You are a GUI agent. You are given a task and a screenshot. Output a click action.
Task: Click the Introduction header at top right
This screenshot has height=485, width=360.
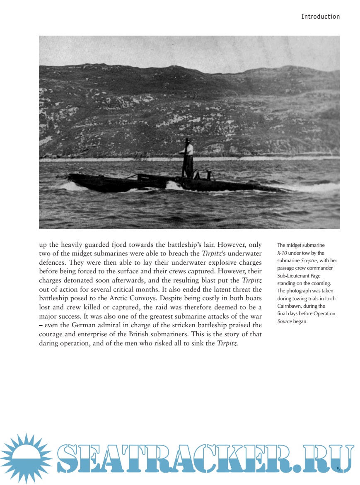point(320,17)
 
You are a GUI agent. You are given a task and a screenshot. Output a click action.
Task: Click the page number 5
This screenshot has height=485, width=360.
point(338,469)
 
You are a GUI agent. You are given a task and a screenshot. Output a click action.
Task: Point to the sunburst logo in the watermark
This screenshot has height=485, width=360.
point(26,458)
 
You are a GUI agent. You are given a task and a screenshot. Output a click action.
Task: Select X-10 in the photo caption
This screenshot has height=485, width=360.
point(282,253)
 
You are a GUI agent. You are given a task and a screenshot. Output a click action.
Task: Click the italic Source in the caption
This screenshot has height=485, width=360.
point(284,321)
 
